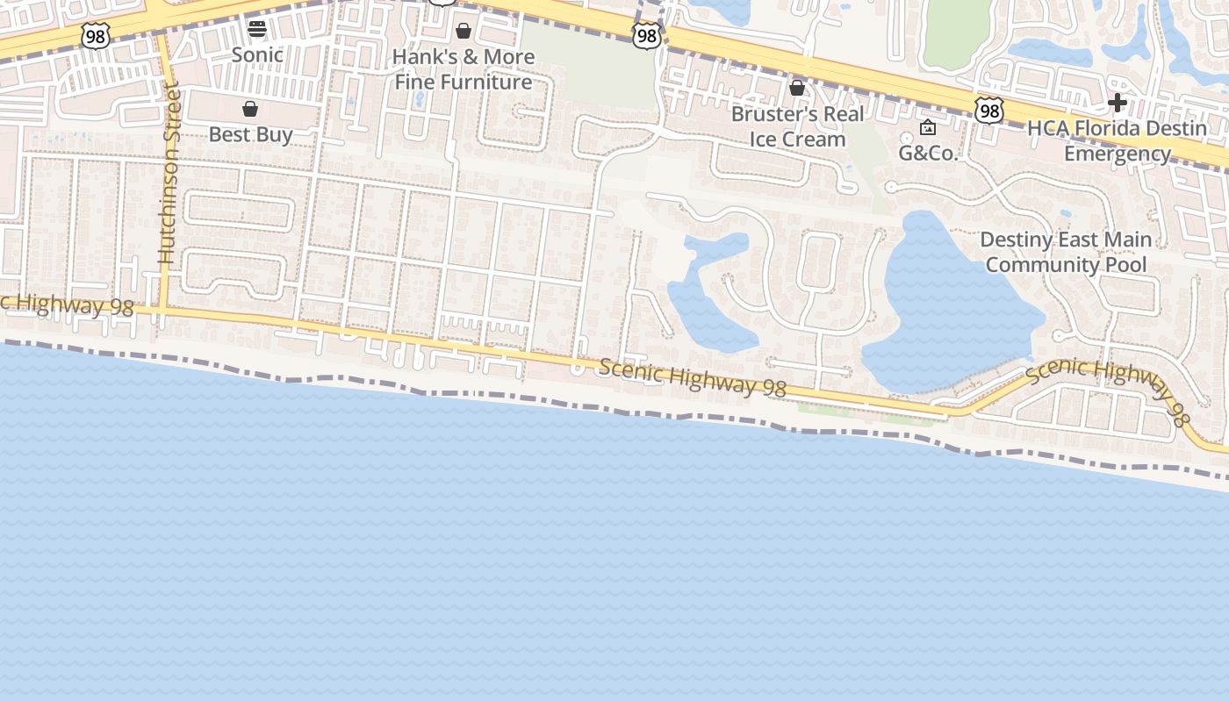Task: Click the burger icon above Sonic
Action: [257, 28]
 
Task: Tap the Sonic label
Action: [257, 54]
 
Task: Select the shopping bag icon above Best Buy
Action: [250, 109]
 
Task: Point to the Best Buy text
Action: [250, 134]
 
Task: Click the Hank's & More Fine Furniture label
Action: [464, 69]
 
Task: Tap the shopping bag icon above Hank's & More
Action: [464, 32]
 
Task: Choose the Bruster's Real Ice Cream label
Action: [798, 126]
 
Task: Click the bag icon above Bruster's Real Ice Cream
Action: [797, 88]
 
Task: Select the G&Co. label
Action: [928, 153]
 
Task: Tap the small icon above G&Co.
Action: [928, 128]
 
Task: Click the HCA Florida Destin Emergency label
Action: [1117, 140]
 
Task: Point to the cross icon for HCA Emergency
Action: [1117, 103]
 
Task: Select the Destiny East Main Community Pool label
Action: [1066, 252]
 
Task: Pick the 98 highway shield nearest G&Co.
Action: [989, 111]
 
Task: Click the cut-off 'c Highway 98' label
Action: [66, 305]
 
